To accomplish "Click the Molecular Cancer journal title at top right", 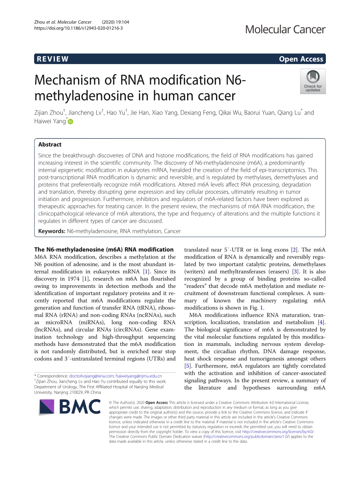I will [285, 29].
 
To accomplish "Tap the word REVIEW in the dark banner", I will [52, 59].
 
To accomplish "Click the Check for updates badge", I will [313, 81].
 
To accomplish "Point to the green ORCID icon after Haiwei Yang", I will [70, 122].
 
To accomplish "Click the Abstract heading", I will [50, 144].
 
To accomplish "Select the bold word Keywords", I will [52, 231].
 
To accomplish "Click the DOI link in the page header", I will [78, 28].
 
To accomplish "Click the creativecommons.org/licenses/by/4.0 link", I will [278, 432].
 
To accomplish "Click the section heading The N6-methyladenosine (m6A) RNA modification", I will [104, 250].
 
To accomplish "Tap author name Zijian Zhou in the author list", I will [49, 113].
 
